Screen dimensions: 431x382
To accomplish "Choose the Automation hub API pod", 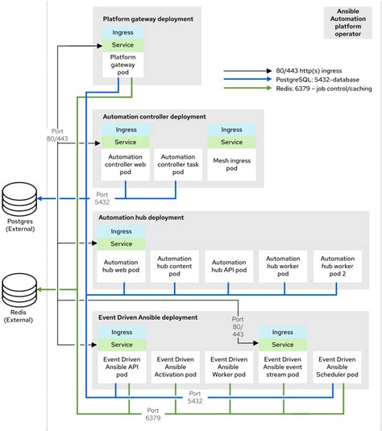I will (228, 267).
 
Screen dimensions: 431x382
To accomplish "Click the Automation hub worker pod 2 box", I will (337, 267).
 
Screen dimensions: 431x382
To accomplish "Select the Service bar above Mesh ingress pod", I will (231, 142).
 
